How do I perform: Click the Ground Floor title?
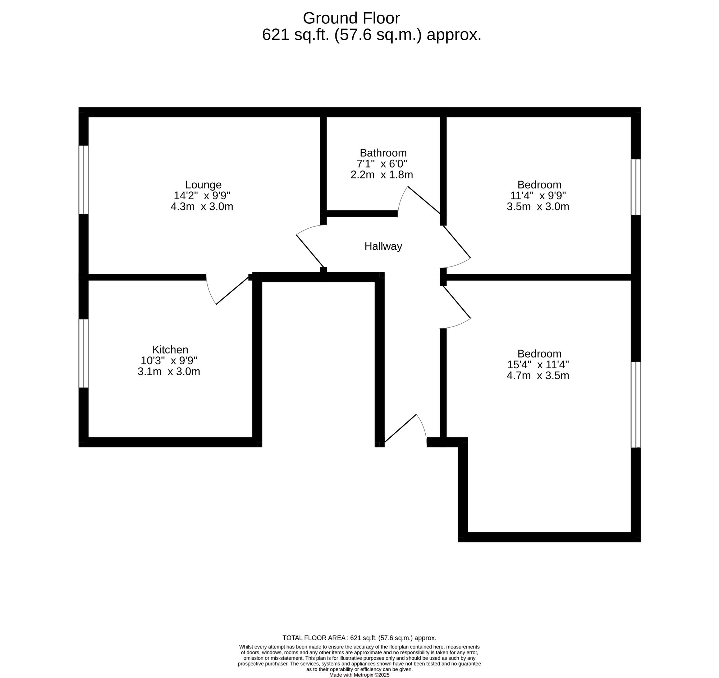pos(351,18)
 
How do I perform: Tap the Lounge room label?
pos(203,185)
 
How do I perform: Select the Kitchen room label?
pos(170,350)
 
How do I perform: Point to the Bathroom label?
pos(383,153)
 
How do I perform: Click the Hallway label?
pos(383,246)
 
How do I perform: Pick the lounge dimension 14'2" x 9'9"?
pos(202,196)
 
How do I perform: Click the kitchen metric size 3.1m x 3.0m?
pos(169,372)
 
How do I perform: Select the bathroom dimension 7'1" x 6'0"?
pos(381,164)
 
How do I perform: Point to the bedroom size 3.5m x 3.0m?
pos(538,206)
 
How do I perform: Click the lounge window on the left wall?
pos(83,180)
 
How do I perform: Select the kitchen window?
pos(83,354)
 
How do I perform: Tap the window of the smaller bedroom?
pos(636,187)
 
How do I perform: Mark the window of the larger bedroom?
pos(636,405)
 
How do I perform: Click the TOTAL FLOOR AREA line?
pos(359,638)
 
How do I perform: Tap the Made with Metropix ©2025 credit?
pos(359,675)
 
